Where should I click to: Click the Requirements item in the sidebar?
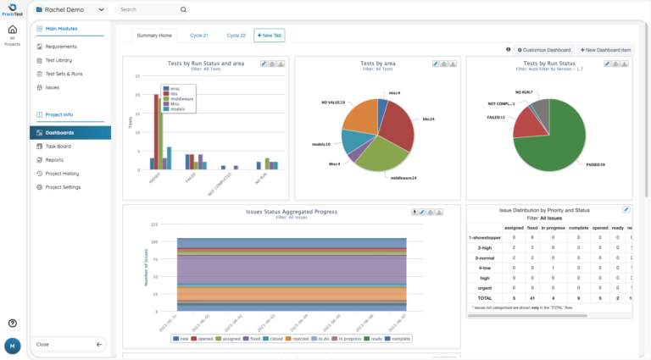[61, 47]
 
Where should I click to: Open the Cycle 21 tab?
[199, 36]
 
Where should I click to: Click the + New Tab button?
[270, 36]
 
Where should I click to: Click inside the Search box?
[153, 10]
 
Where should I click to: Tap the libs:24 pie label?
[429, 119]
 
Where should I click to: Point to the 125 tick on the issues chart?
[154, 224]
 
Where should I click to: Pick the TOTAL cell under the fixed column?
[531, 298]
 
